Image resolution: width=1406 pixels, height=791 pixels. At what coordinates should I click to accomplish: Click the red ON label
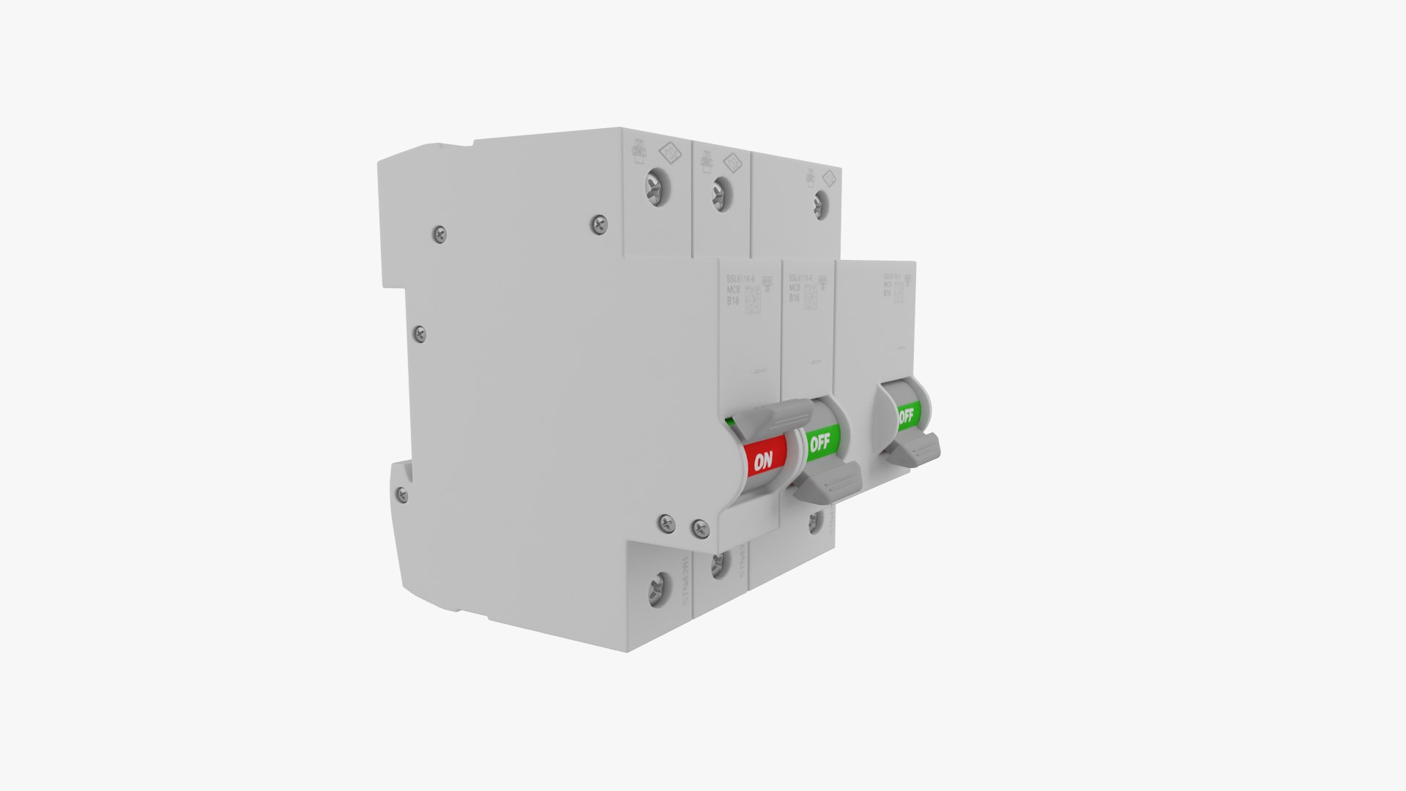pos(764,460)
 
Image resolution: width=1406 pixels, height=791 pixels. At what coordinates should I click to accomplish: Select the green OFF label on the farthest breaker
pos(906,417)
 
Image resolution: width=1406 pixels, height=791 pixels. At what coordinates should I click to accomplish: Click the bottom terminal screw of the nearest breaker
pos(658,589)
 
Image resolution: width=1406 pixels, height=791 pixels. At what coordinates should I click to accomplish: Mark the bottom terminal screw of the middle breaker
pos(718,562)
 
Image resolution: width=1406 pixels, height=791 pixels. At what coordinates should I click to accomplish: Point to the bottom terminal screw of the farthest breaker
pos(814,521)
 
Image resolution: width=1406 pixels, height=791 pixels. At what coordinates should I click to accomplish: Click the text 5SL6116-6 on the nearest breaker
pos(742,279)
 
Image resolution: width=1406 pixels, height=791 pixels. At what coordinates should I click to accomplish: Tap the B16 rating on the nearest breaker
pos(732,300)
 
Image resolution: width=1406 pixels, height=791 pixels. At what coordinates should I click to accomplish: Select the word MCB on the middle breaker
pos(794,288)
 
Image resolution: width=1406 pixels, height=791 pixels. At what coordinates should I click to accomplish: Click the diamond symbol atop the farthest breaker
pos(828,179)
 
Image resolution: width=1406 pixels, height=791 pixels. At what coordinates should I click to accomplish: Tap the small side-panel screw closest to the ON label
pos(700,525)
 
